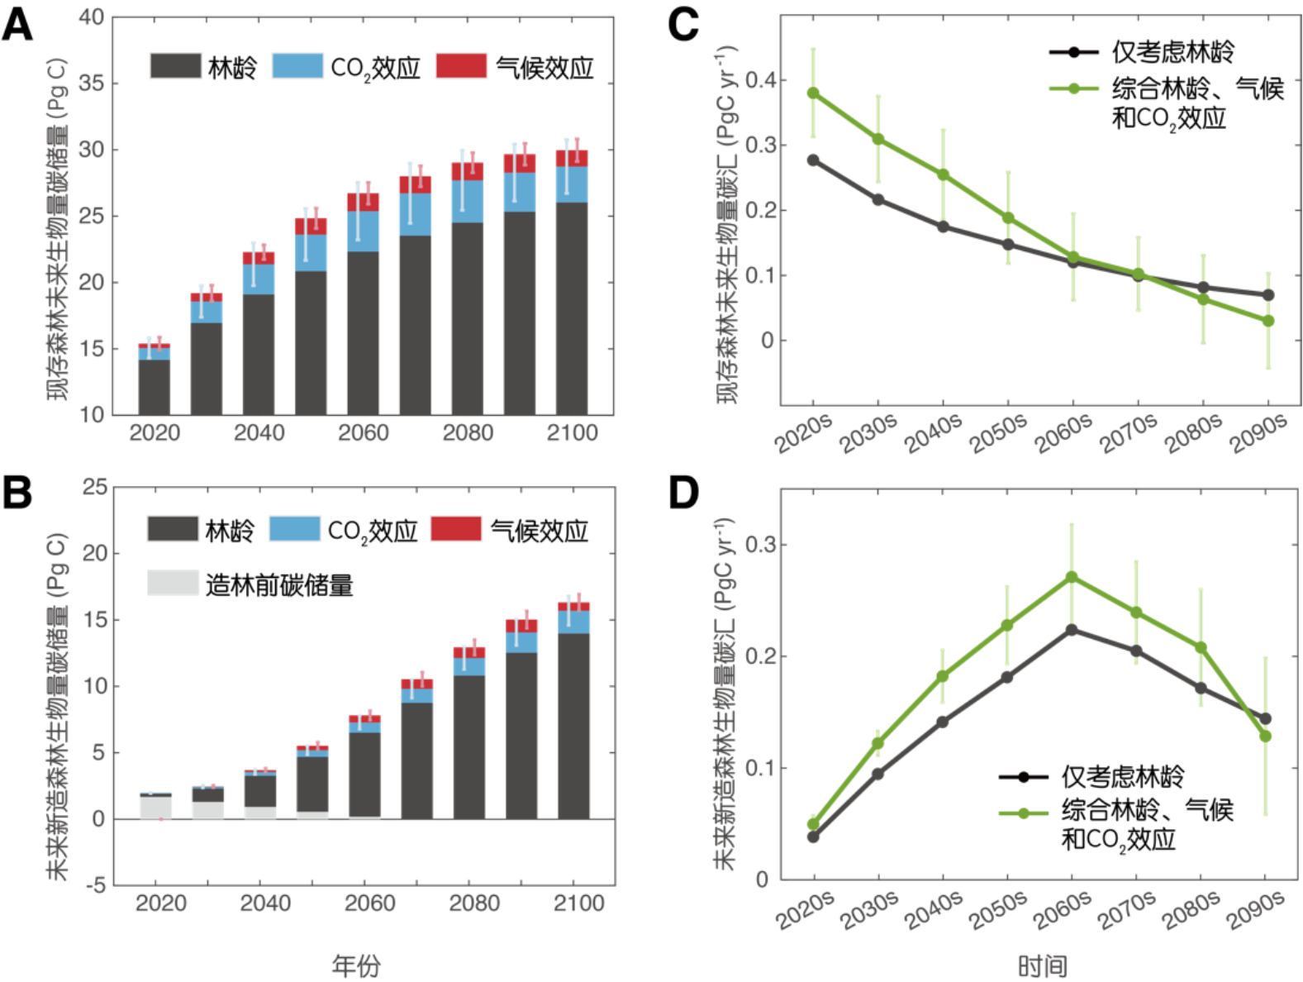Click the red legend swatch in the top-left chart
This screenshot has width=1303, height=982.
(x=461, y=65)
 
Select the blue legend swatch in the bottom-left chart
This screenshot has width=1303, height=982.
(x=294, y=528)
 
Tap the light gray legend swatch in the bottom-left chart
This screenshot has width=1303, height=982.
(x=173, y=582)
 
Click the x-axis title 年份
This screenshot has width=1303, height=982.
(x=356, y=965)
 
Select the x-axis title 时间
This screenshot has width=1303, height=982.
(x=1042, y=965)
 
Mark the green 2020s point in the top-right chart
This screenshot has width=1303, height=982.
(x=814, y=93)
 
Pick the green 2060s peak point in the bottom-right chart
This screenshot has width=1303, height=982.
(x=1072, y=576)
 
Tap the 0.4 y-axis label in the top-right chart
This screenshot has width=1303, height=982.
(x=760, y=80)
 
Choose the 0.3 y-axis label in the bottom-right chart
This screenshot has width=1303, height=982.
(x=760, y=545)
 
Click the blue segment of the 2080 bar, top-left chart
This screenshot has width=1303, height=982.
(x=468, y=201)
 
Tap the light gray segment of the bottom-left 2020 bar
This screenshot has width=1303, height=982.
(x=156, y=807)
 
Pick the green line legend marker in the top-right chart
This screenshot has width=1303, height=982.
(x=1073, y=88)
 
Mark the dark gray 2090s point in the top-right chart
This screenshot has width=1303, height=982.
(x=1268, y=295)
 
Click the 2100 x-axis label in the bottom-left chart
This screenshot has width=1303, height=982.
(x=578, y=903)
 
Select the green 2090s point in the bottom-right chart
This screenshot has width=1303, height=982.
(x=1265, y=736)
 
